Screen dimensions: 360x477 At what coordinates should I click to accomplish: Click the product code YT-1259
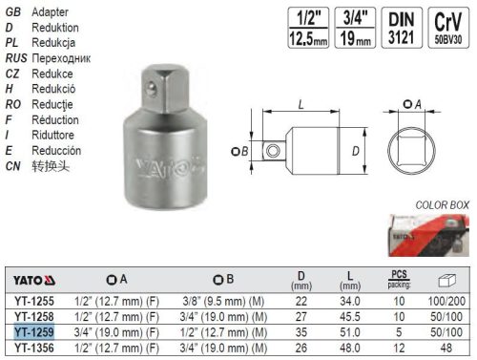tap(34, 330)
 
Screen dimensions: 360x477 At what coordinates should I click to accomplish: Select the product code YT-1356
tap(34, 347)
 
